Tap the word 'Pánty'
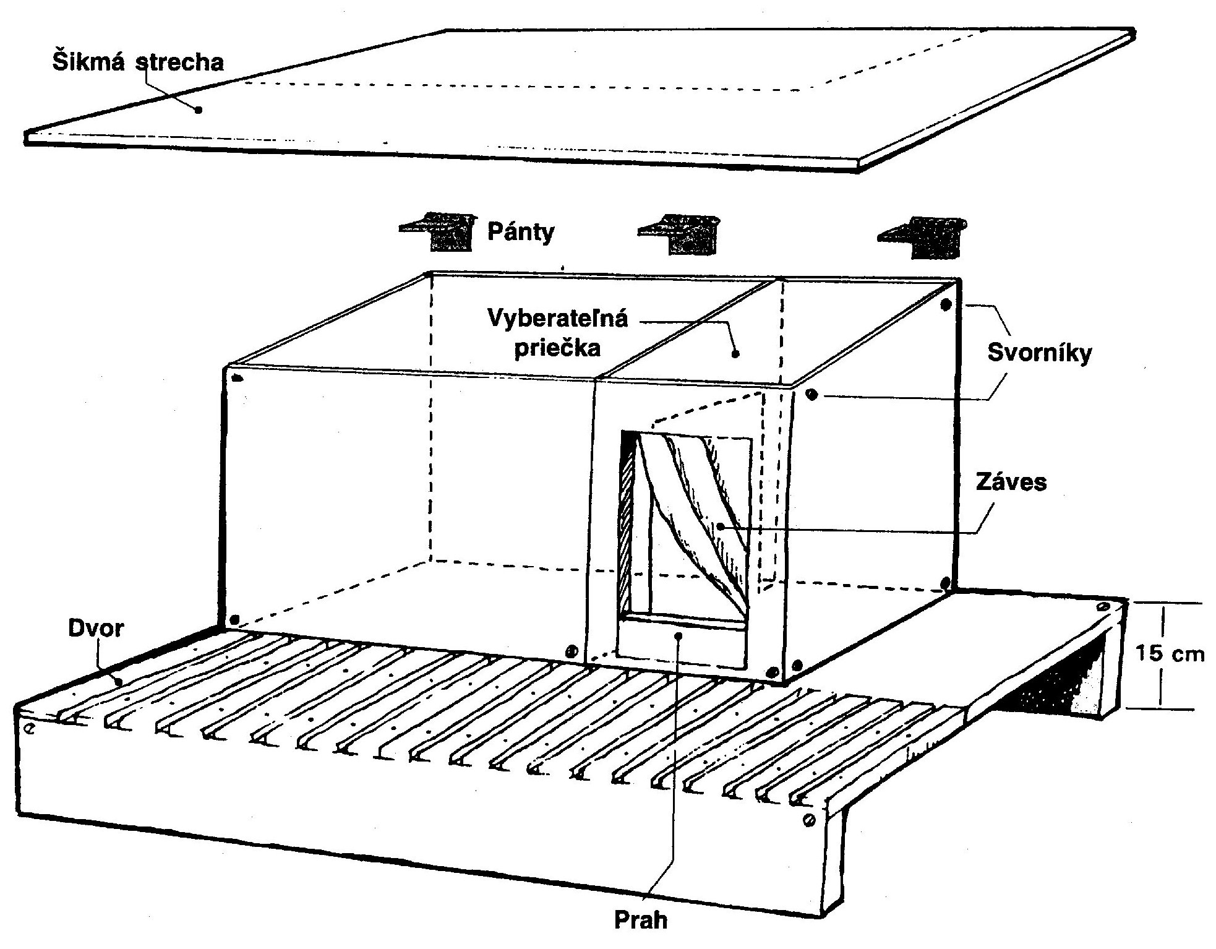[x=521, y=232]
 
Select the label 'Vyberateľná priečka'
[x=557, y=333]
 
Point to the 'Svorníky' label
[x=1040, y=352]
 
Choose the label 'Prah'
[x=641, y=920]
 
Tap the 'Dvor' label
[x=96, y=628]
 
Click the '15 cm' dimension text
[x=1170, y=653]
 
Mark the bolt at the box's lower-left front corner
[x=234, y=619]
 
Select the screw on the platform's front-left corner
[x=28, y=728]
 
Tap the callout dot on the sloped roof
[x=198, y=110]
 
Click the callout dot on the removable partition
[x=735, y=354]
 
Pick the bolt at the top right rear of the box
[x=945, y=304]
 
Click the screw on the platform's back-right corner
[x=1104, y=608]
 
